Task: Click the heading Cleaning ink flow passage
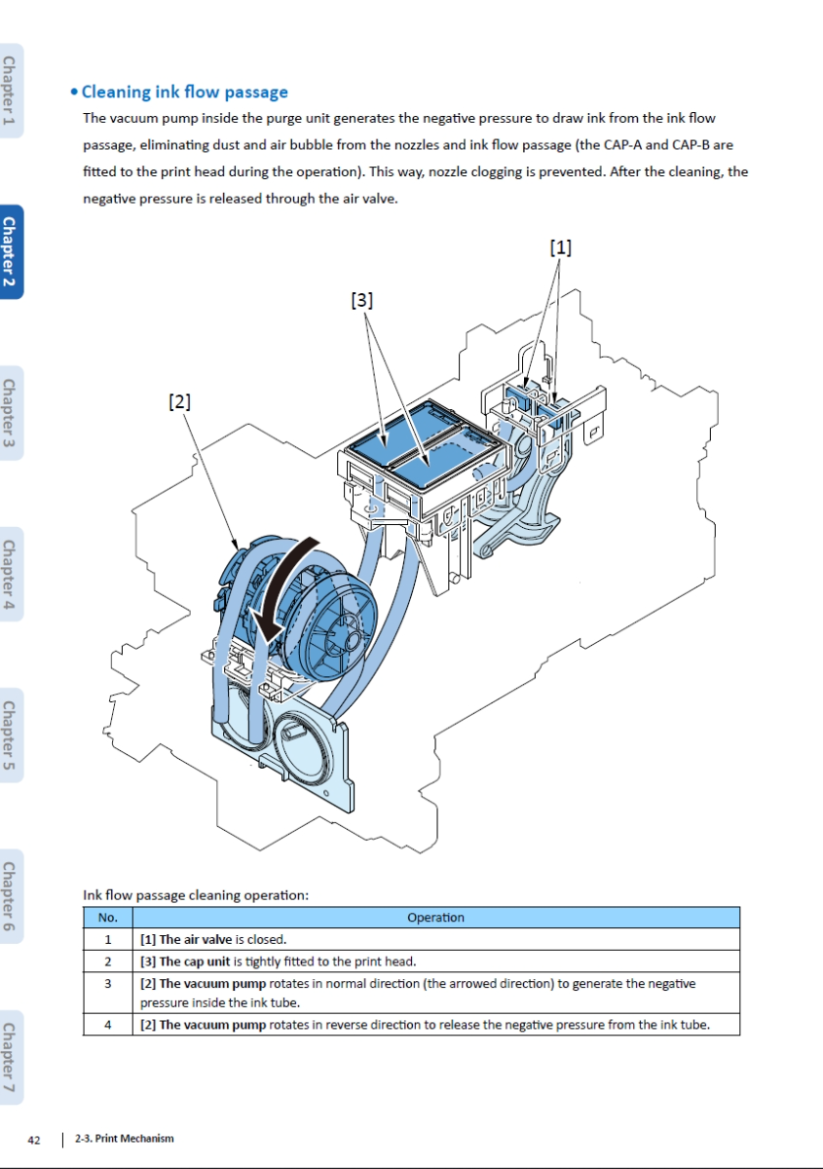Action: (x=184, y=93)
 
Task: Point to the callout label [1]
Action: (x=561, y=247)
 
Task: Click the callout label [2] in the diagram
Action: (x=179, y=400)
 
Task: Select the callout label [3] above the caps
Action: (x=361, y=300)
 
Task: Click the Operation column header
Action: (x=435, y=918)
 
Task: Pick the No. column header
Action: (x=107, y=918)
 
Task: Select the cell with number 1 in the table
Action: (x=107, y=940)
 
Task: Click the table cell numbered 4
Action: (x=107, y=1025)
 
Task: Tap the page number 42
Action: (x=34, y=1140)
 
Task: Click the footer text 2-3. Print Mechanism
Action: (x=125, y=1139)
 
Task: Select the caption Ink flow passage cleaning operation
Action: (x=196, y=894)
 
